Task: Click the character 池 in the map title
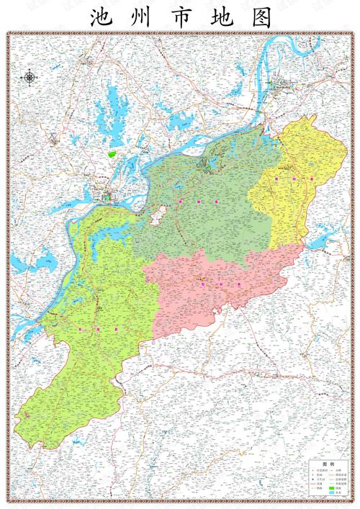(x=100, y=18)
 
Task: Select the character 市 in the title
(x=181, y=18)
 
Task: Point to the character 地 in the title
(x=220, y=18)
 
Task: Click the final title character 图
(x=261, y=18)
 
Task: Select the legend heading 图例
(x=328, y=464)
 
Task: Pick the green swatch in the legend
(x=332, y=488)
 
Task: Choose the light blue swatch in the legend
(x=332, y=494)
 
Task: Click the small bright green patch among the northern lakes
(x=112, y=153)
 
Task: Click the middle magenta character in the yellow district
(x=294, y=176)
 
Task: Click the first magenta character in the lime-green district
(x=78, y=328)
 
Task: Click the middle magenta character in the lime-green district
(x=96, y=328)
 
